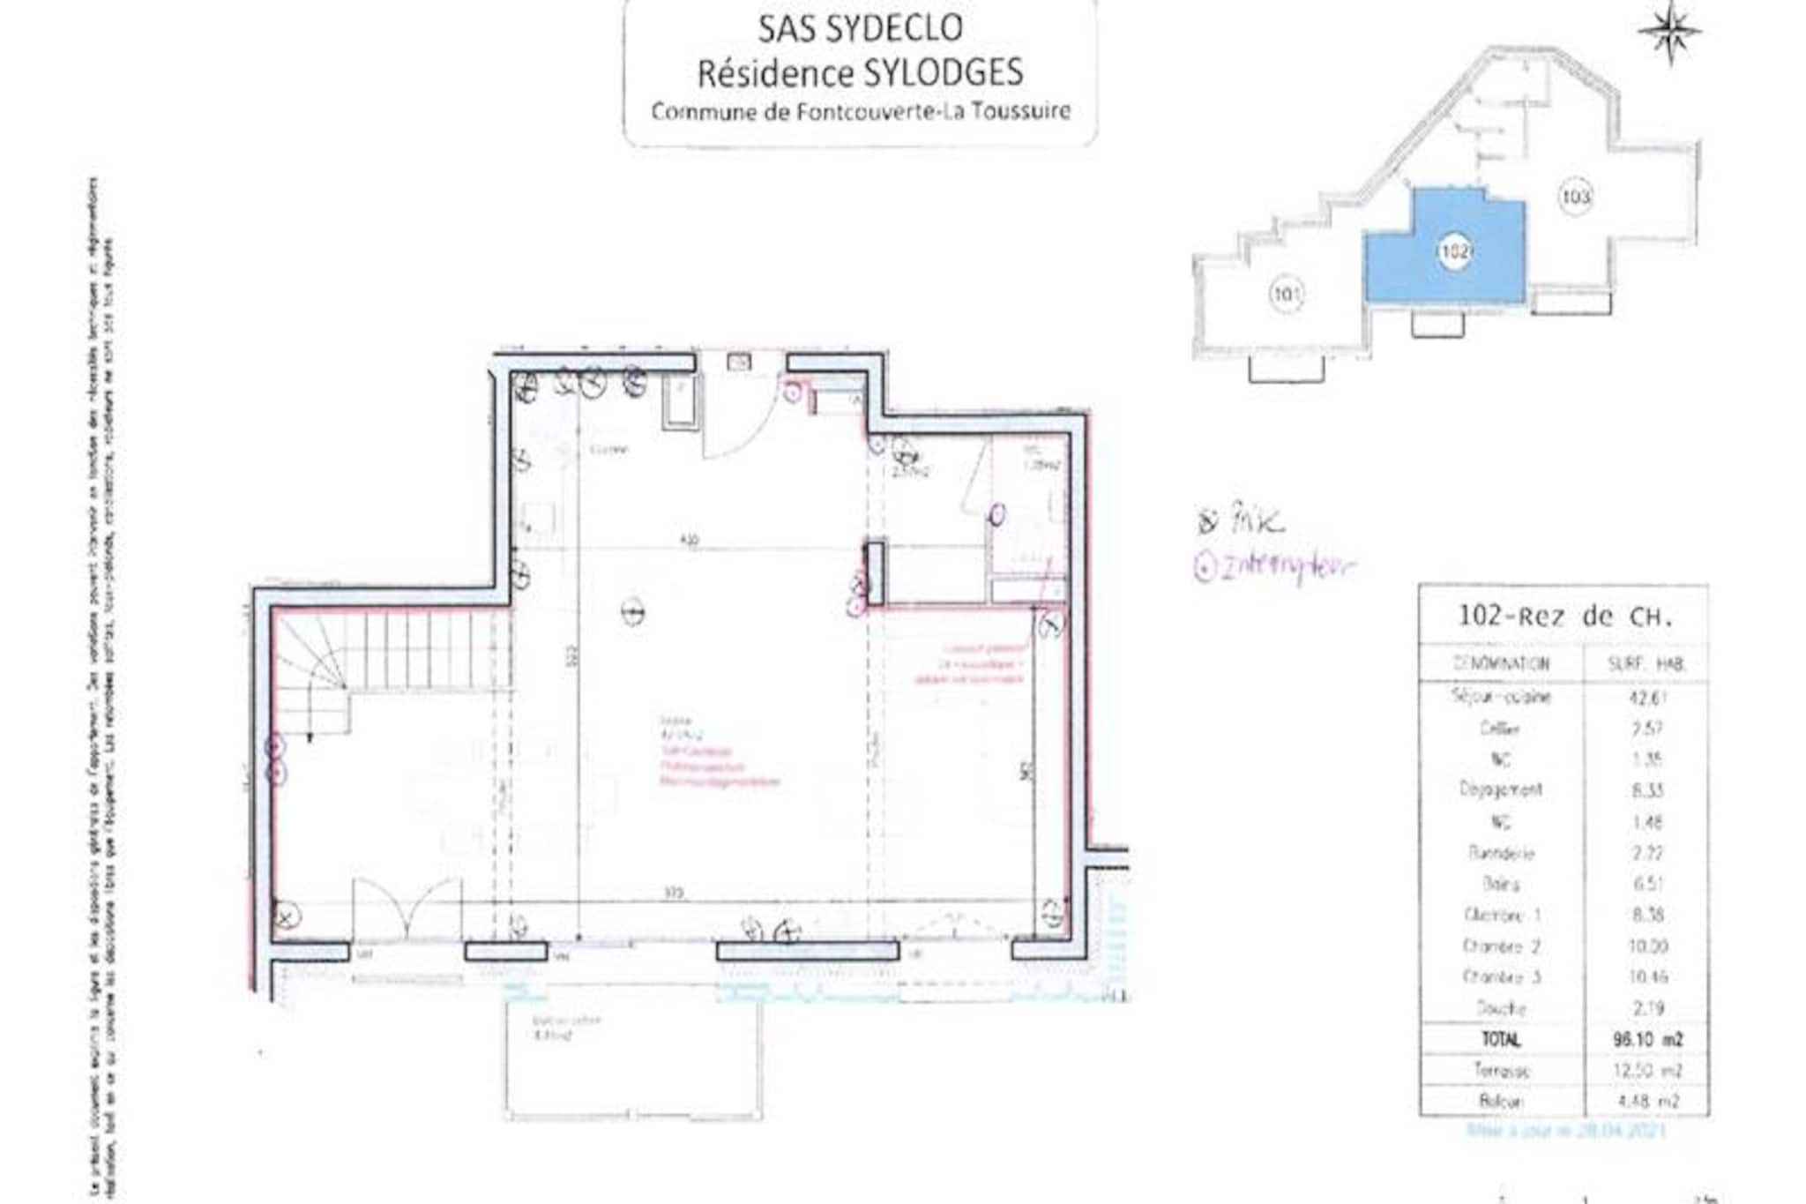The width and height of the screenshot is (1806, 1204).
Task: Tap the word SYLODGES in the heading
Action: pos(942,72)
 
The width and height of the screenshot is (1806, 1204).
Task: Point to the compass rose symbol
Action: pos(1669,32)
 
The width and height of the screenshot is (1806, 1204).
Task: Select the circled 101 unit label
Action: pos(1287,294)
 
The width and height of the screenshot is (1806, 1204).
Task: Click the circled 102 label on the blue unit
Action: pos(1453,251)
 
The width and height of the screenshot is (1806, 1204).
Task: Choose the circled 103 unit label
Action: pos(1575,196)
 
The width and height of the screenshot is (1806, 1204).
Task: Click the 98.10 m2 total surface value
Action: pos(1646,1040)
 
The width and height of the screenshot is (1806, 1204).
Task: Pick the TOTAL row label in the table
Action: pos(1500,1040)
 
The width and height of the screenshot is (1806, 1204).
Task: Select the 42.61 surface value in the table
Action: pos(1646,698)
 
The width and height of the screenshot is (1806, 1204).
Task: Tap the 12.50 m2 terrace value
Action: pos(1646,1071)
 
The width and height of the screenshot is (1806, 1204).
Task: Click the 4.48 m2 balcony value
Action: pos(1646,1102)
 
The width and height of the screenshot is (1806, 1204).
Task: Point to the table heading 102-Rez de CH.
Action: pos(1564,617)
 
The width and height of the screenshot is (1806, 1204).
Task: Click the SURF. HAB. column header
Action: pos(1646,664)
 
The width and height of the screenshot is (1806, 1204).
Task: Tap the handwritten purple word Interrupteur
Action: pos(1287,567)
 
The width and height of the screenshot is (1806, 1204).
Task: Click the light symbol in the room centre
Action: pos(632,610)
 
